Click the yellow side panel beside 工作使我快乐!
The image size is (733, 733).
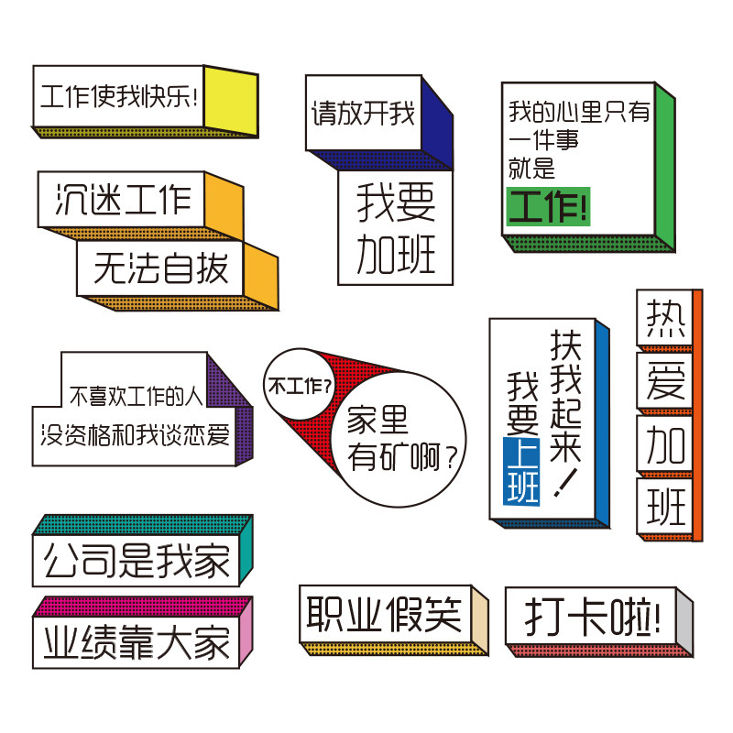pyautogui.click(x=231, y=101)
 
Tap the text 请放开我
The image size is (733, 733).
pyautogui.click(x=363, y=113)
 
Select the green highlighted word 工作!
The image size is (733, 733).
pyautogui.click(x=548, y=206)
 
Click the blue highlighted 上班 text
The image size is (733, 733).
pyautogui.click(x=521, y=471)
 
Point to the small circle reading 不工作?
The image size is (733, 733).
pyautogui.click(x=300, y=384)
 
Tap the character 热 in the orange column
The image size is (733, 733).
pyautogui.click(x=665, y=319)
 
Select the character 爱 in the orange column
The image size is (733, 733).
pyautogui.click(x=665, y=381)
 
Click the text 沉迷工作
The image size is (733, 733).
pyautogui.click(x=123, y=199)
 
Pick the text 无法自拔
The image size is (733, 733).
pyautogui.click(x=161, y=268)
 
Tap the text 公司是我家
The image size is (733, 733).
pyautogui.click(x=137, y=561)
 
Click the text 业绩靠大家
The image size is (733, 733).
pyautogui.click(x=137, y=642)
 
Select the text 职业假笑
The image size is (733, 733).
pyautogui.click(x=384, y=614)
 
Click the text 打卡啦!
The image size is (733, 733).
pyautogui.click(x=593, y=617)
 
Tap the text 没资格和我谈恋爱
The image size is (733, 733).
pyautogui.click(x=135, y=435)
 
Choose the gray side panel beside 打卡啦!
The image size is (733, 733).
pyautogui.click(x=684, y=623)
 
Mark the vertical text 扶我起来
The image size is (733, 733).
pyautogui.click(x=565, y=396)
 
